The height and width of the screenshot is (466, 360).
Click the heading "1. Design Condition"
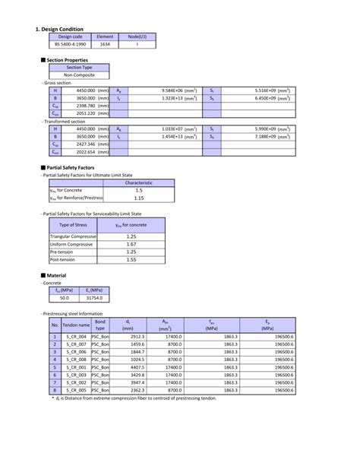[59, 29]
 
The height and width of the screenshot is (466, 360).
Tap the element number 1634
[105, 44]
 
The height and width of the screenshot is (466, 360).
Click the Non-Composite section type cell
[78, 74]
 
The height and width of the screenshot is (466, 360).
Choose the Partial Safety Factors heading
[71, 166]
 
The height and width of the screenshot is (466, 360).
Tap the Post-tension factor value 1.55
[131, 259]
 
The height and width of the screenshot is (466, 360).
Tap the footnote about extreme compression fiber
[134, 398]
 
